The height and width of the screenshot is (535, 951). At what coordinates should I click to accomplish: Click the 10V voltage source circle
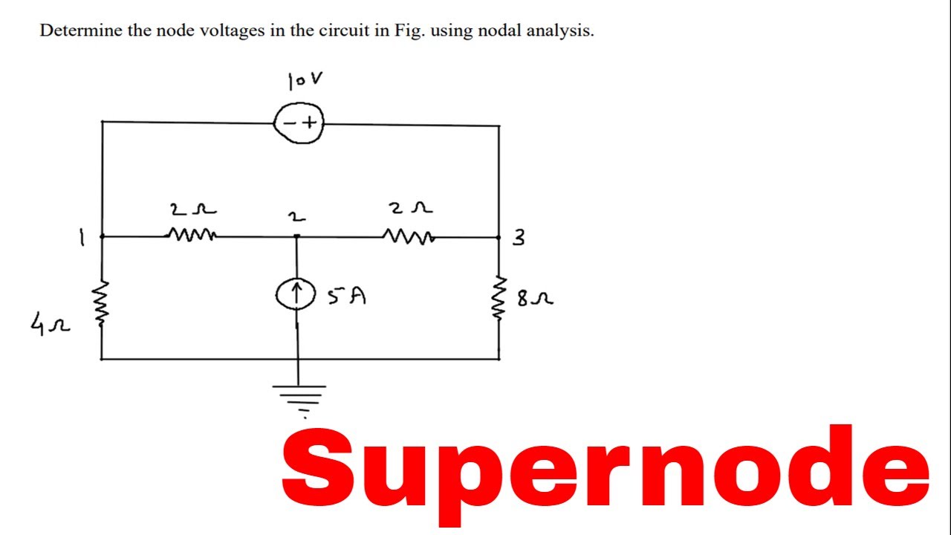(x=299, y=123)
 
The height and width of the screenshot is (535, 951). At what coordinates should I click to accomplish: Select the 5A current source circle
(x=296, y=296)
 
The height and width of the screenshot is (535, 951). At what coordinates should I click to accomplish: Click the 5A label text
(x=346, y=296)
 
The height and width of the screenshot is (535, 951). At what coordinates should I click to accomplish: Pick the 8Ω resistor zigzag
(x=499, y=299)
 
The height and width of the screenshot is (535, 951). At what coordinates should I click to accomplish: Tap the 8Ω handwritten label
(x=534, y=299)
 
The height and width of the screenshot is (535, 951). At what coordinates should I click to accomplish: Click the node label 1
(x=82, y=239)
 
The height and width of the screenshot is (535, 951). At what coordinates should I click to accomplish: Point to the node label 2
(x=296, y=217)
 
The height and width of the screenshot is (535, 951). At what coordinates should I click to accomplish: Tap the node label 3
(x=519, y=238)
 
